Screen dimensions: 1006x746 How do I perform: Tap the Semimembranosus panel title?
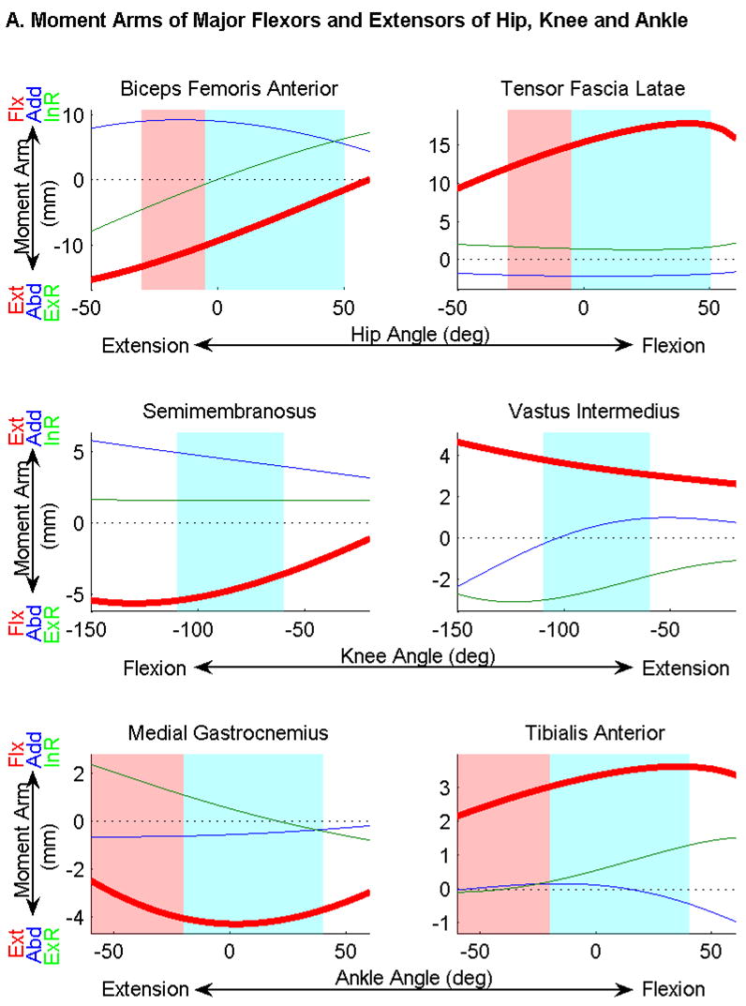[x=216, y=412]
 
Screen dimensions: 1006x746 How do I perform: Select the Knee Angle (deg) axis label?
[x=413, y=656]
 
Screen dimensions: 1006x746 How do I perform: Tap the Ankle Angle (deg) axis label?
[x=413, y=978]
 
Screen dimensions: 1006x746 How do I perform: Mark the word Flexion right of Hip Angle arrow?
[x=673, y=346]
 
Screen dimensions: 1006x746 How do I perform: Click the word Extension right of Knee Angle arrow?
[x=685, y=668]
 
